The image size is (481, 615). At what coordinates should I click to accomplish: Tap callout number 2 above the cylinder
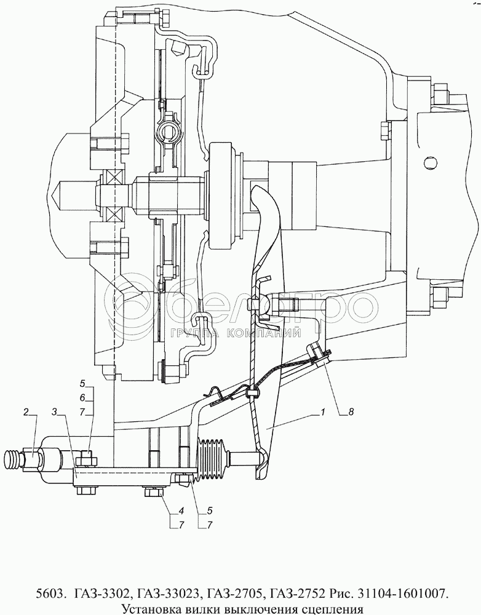tap(26, 411)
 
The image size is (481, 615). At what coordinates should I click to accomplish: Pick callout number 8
tap(350, 413)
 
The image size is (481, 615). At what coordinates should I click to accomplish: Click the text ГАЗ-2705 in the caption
tap(234, 593)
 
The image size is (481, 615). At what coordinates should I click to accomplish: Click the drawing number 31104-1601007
tap(402, 593)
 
